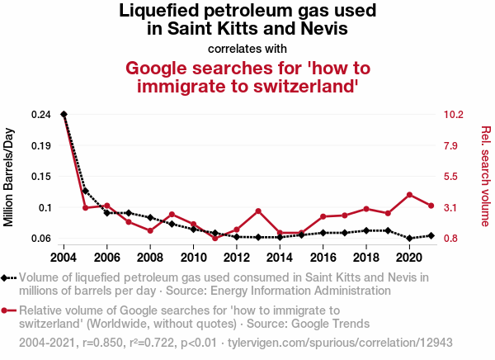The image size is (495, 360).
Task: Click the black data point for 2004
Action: tap(64, 114)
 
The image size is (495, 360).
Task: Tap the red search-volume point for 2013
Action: tap(258, 211)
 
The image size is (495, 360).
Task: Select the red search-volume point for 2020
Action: tap(409, 195)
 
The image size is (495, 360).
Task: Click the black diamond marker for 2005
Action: tap(86, 191)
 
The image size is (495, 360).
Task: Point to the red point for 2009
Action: tap(172, 215)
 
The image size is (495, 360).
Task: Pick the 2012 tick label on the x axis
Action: tap(237, 257)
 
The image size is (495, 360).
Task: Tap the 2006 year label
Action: tap(107, 257)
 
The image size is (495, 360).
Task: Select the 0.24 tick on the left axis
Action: tap(40, 114)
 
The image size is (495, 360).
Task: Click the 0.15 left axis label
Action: tap(40, 177)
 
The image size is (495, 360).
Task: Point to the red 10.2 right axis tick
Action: tap(454, 114)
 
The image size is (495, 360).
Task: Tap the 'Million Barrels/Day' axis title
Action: tap(10, 177)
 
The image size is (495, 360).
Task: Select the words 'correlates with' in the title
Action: tap(247, 48)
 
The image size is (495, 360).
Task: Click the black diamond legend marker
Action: tap(7, 278)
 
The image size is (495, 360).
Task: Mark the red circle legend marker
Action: tap(7, 311)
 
